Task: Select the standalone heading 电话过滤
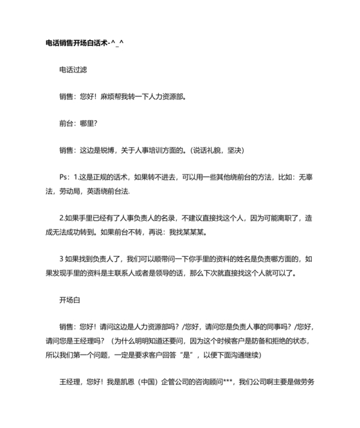tap(73, 69)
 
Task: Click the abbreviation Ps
tap(63, 177)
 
